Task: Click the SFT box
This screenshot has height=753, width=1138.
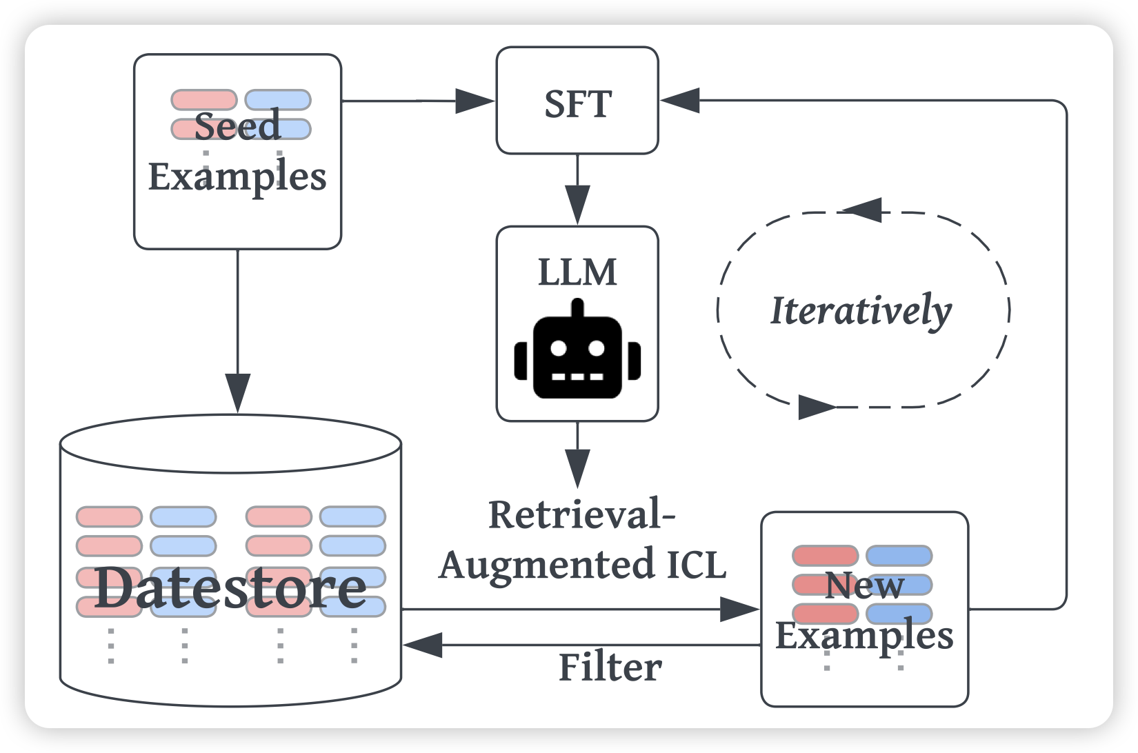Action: point(577,101)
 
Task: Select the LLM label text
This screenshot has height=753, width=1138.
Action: point(577,272)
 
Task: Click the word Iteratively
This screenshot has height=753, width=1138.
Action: point(861,311)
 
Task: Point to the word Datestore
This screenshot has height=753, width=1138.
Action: point(230,588)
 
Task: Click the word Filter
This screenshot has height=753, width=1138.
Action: point(610,667)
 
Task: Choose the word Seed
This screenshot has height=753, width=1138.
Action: point(237,125)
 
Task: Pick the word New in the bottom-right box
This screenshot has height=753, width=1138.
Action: point(864,585)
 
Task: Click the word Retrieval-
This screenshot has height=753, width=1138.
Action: point(581,515)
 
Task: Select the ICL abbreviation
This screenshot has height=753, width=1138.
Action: point(697,564)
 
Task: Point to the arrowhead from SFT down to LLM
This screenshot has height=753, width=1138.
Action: point(577,204)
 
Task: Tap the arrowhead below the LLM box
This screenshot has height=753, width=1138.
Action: point(577,468)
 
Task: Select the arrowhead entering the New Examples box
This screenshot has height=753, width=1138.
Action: point(739,610)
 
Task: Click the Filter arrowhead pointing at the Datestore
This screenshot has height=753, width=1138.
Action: point(423,645)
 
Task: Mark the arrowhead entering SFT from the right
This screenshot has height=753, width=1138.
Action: point(680,101)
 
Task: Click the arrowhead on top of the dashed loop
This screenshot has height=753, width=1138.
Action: point(863,210)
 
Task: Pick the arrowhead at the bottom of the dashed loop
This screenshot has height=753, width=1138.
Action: point(817,407)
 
